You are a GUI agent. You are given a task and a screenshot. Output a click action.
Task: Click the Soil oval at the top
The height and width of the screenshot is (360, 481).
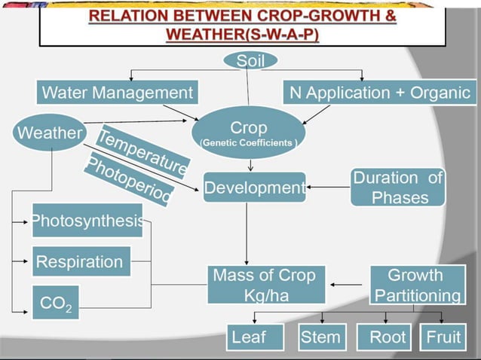click(x=250, y=61)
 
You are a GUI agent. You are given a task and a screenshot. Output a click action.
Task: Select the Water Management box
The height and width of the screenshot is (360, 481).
click(x=117, y=93)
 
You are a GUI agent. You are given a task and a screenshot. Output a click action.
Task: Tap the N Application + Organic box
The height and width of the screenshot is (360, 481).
click(x=380, y=93)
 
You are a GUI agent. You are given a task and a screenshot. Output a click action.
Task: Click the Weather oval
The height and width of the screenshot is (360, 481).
click(x=50, y=134)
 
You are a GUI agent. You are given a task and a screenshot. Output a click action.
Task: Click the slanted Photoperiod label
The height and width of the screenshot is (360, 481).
click(x=128, y=180)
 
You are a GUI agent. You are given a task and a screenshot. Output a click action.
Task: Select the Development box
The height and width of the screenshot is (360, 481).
click(x=254, y=188)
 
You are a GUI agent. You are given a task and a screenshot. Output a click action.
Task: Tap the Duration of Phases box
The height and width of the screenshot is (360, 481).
click(x=397, y=188)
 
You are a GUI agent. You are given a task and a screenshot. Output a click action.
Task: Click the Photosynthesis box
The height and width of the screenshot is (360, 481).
click(x=87, y=221)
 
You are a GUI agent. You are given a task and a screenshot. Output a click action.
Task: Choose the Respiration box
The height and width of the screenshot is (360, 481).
click(x=81, y=262)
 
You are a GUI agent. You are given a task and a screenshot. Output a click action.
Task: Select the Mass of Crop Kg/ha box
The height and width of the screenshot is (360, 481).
click(x=264, y=284)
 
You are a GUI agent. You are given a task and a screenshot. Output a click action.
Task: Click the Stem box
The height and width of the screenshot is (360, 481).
click(x=320, y=337)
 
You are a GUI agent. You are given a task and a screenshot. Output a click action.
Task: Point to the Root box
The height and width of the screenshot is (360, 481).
click(x=387, y=337)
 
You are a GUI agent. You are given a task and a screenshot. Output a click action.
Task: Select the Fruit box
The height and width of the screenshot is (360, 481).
click(x=443, y=337)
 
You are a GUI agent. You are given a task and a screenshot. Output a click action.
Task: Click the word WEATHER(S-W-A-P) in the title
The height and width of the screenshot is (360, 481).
click(x=242, y=35)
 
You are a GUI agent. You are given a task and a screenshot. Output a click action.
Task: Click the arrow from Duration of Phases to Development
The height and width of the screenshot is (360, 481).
click(x=328, y=188)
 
